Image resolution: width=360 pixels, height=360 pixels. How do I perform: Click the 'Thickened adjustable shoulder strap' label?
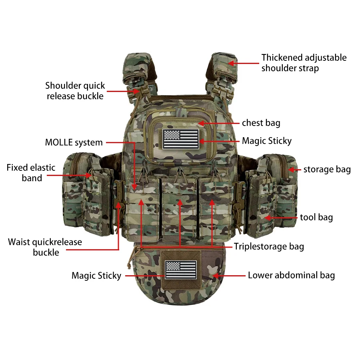[304, 63]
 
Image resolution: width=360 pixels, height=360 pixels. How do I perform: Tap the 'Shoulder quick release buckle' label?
[75, 91]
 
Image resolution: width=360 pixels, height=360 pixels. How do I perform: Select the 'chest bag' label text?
[261, 123]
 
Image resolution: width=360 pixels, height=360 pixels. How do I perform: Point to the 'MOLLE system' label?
[74, 142]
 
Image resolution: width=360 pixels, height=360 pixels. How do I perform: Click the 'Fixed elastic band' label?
[31, 173]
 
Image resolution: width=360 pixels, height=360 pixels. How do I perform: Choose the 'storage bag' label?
[327, 170]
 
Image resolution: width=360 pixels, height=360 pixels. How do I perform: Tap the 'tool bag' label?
[316, 217]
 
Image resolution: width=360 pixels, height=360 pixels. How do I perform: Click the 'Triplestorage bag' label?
[269, 246]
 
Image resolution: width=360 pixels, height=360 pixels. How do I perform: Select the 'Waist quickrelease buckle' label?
[45, 247]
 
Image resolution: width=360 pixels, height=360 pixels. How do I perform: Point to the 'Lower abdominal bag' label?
[291, 275]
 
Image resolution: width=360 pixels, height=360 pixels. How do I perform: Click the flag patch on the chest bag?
[181, 139]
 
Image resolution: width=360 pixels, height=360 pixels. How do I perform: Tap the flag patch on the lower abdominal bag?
[181, 270]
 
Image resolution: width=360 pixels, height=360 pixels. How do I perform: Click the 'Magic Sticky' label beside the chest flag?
[267, 141]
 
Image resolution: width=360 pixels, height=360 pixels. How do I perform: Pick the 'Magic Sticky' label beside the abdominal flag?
[96, 276]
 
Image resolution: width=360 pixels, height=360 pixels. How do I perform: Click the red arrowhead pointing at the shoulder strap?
[232, 63]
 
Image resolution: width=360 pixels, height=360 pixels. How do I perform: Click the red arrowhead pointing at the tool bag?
[268, 218]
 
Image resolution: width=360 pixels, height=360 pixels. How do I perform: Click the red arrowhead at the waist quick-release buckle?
[118, 205]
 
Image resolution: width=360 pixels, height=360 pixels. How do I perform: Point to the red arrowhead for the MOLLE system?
[134, 186]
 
